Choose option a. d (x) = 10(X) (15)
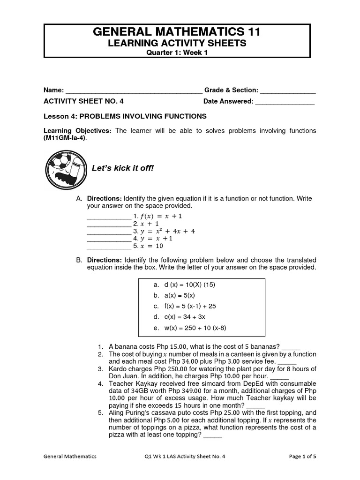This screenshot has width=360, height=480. tap(184, 285)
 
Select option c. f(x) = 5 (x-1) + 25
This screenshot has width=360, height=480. tap(184, 306)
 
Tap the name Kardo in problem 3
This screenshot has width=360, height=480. tap(118, 369)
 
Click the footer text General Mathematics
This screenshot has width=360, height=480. tap(70, 456)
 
